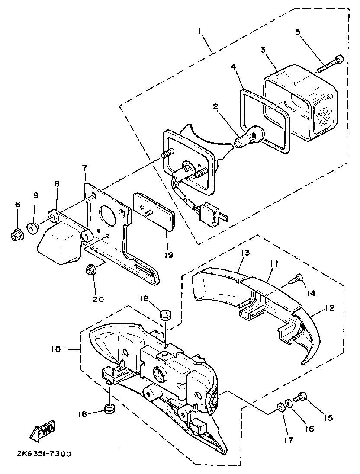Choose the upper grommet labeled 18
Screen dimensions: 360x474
click(x=164, y=314)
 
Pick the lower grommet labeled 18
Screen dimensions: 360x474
click(x=109, y=409)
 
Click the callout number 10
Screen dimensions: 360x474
click(x=56, y=349)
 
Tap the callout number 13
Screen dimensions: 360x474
click(x=246, y=253)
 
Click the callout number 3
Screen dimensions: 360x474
click(x=263, y=50)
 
